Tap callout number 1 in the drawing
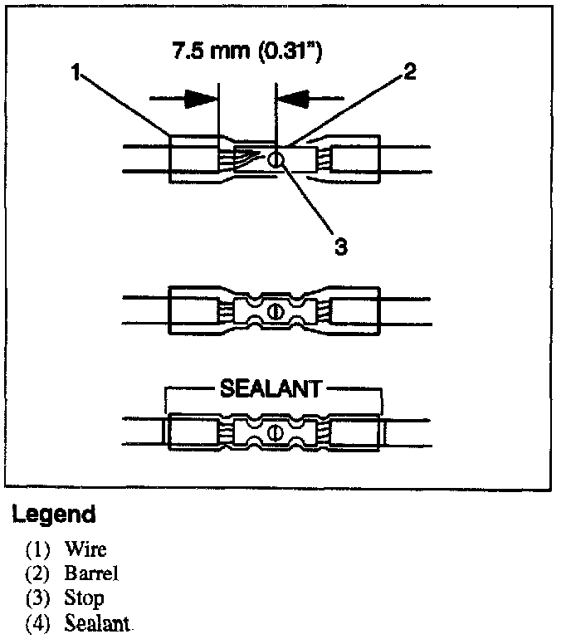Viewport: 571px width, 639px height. click(x=75, y=72)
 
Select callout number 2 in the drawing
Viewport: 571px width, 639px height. click(x=408, y=72)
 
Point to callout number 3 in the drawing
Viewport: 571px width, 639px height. click(x=339, y=246)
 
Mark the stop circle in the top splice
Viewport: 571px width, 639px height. click(x=276, y=159)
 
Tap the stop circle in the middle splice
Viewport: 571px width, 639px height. click(x=276, y=313)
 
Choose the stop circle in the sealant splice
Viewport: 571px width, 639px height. click(x=276, y=430)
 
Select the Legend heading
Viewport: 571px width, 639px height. click(x=53, y=515)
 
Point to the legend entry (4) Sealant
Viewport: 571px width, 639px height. click(x=79, y=622)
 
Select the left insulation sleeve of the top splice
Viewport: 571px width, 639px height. click(x=193, y=159)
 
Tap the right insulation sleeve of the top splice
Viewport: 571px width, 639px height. click(x=354, y=159)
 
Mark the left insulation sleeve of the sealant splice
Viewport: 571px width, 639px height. click(x=193, y=431)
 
